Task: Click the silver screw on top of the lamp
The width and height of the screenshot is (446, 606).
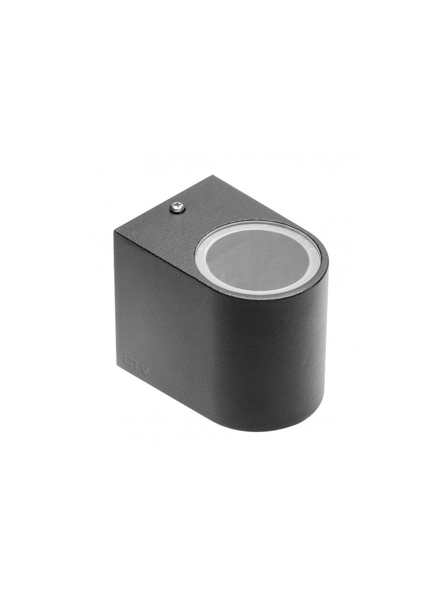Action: click(176, 209)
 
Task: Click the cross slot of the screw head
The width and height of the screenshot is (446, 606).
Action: click(176, 209)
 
